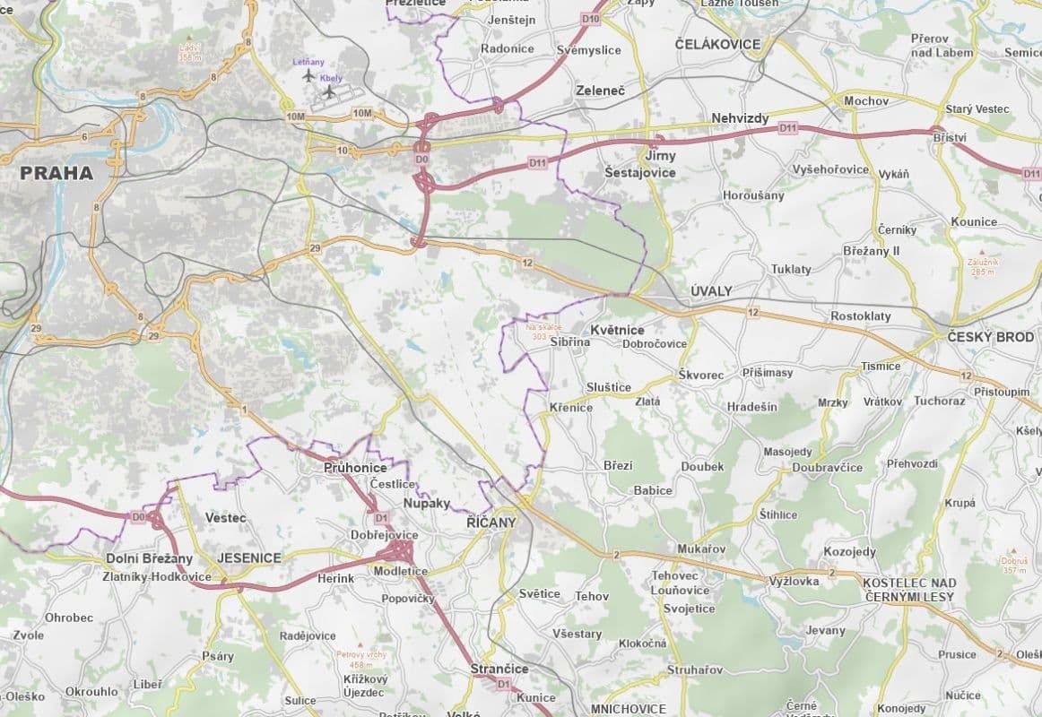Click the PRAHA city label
pyautogui.click(x=56, y=172)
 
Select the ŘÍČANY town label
pyautogui.click(x=492, y=523)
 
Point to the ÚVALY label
pyautogui.click(x=711, y=291)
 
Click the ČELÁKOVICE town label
pyautogui.click(x=717, y=44)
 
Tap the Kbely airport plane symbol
pyautogui.click(x=330, y=91)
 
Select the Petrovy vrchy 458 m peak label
pyautogui.click(x=360, y=659)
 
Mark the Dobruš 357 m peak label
pyautogui.click(x=1014, y=565)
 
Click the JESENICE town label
pyautogui.click(x=243, y=557)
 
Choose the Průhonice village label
pyautogui.click(x=355, y=468)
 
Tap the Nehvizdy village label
pyautogui.click(x=740, y=117)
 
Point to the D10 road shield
pyautogui.click(x=589, y=18)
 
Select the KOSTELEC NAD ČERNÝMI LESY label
pyautogui.click(x=908, y=589)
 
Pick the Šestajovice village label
pyautogui.click(x=639, y=172)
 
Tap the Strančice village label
pyautogui.click(x=499, y=669)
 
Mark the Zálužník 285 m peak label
pyautogui.click(x=983, y=265)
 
